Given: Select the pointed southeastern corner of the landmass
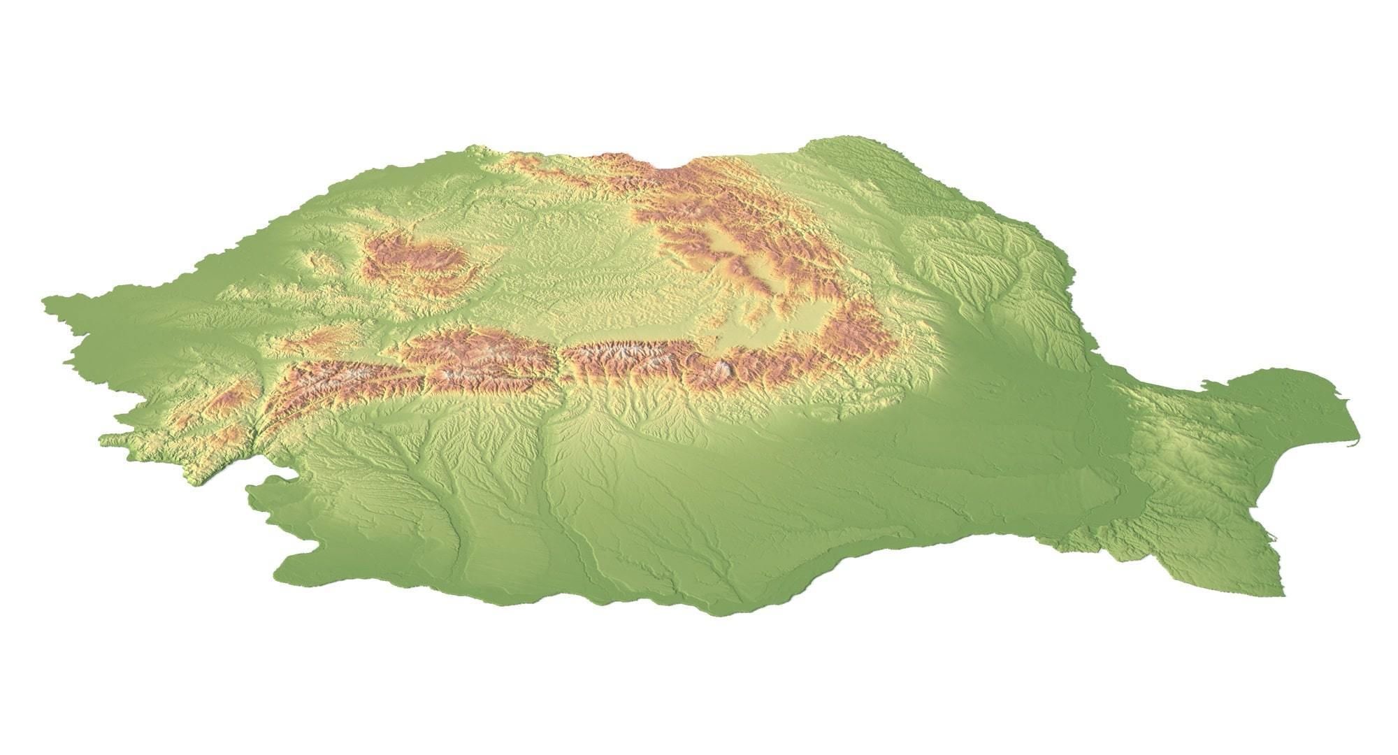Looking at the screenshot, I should coord(1282,594).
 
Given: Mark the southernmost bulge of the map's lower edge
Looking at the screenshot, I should coord(727,614).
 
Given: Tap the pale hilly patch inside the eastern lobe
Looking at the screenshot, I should coord(1188,447).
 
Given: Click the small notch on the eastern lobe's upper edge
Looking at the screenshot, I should coord(1204,383).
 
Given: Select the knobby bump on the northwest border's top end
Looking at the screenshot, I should coord(475,148).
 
